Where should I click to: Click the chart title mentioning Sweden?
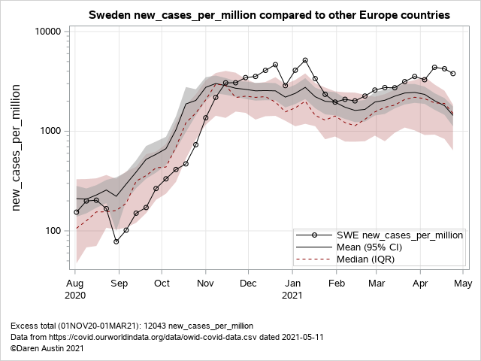[269, 15]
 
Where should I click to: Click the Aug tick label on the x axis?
[75, 284]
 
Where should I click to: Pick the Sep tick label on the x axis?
[119, 284]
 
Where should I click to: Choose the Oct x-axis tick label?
[162, 284]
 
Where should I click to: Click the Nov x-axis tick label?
[206, 284]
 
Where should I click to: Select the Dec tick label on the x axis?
[249, 284]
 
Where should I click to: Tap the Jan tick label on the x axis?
[292, 284]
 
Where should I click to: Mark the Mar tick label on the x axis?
[377, 284]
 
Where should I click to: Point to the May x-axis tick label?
[464, 284]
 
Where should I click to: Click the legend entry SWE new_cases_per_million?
[399, 235]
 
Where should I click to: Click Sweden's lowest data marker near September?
[116, 241]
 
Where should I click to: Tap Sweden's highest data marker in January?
[305, 60]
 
